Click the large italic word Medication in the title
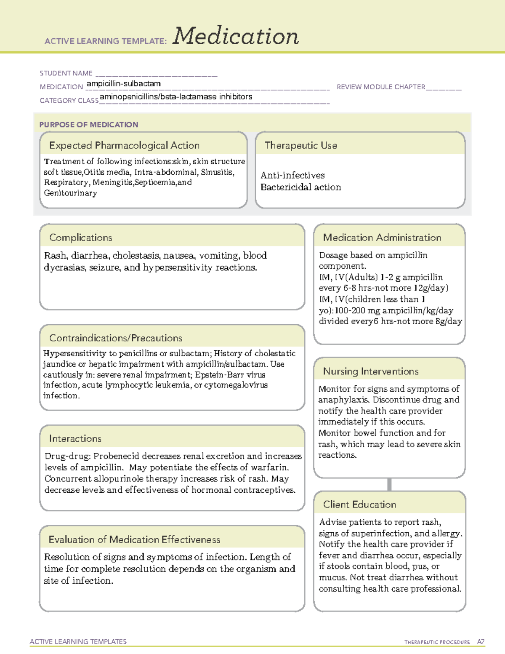[236, 36]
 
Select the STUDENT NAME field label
[66, 73]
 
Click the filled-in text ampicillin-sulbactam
[124, 84]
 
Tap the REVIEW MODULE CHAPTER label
[381, 87]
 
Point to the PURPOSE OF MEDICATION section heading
[89, 125]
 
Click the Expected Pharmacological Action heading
[124, 145]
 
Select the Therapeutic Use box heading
[301, 145]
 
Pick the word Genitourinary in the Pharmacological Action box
[70, 193]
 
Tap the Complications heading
[81, 238]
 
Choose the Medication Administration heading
[382, 238]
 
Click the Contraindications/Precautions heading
[116, 338]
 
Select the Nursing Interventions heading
[371, 371]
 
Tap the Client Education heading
[359, 504]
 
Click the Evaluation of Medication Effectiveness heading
[134, 539]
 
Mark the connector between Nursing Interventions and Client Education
[389, 484]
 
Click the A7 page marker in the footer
[481, 642]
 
